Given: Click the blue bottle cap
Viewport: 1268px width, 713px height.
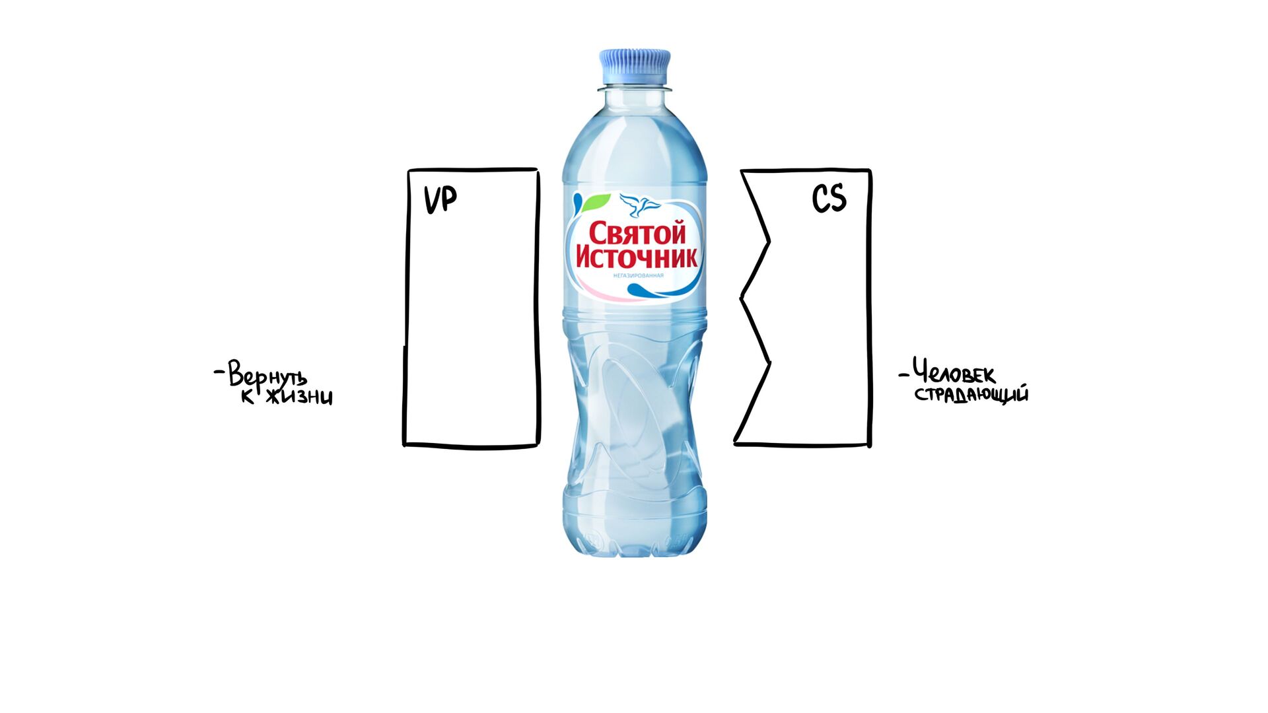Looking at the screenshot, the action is (635, 67).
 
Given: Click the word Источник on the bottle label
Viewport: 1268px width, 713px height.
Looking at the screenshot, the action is (637, 257).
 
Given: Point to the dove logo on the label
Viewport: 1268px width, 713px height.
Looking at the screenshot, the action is (639, 205).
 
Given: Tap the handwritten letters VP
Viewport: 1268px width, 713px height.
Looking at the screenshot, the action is (440, 199).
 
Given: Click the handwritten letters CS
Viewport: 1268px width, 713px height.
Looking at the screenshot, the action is (829, 198).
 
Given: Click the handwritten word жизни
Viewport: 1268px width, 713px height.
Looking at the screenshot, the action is (299, 397).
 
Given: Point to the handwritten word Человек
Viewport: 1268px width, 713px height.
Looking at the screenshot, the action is (954, 373).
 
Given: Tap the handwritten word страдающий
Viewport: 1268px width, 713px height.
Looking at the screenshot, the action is (971, 395).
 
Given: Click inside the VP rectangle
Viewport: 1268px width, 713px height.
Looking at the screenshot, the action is (472, 310).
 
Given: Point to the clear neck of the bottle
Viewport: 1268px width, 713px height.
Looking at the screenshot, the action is (635, 99).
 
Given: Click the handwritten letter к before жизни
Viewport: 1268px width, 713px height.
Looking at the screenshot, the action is (248, 397).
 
